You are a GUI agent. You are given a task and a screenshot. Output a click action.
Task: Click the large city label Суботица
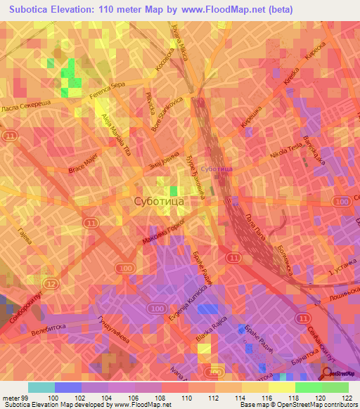tap(159, 202)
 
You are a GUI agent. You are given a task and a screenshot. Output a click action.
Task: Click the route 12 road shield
tap(51, 283)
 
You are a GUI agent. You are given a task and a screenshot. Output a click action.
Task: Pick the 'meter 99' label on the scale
tap(14, 398)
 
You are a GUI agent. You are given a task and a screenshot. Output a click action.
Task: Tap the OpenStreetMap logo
tap(337, 375)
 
